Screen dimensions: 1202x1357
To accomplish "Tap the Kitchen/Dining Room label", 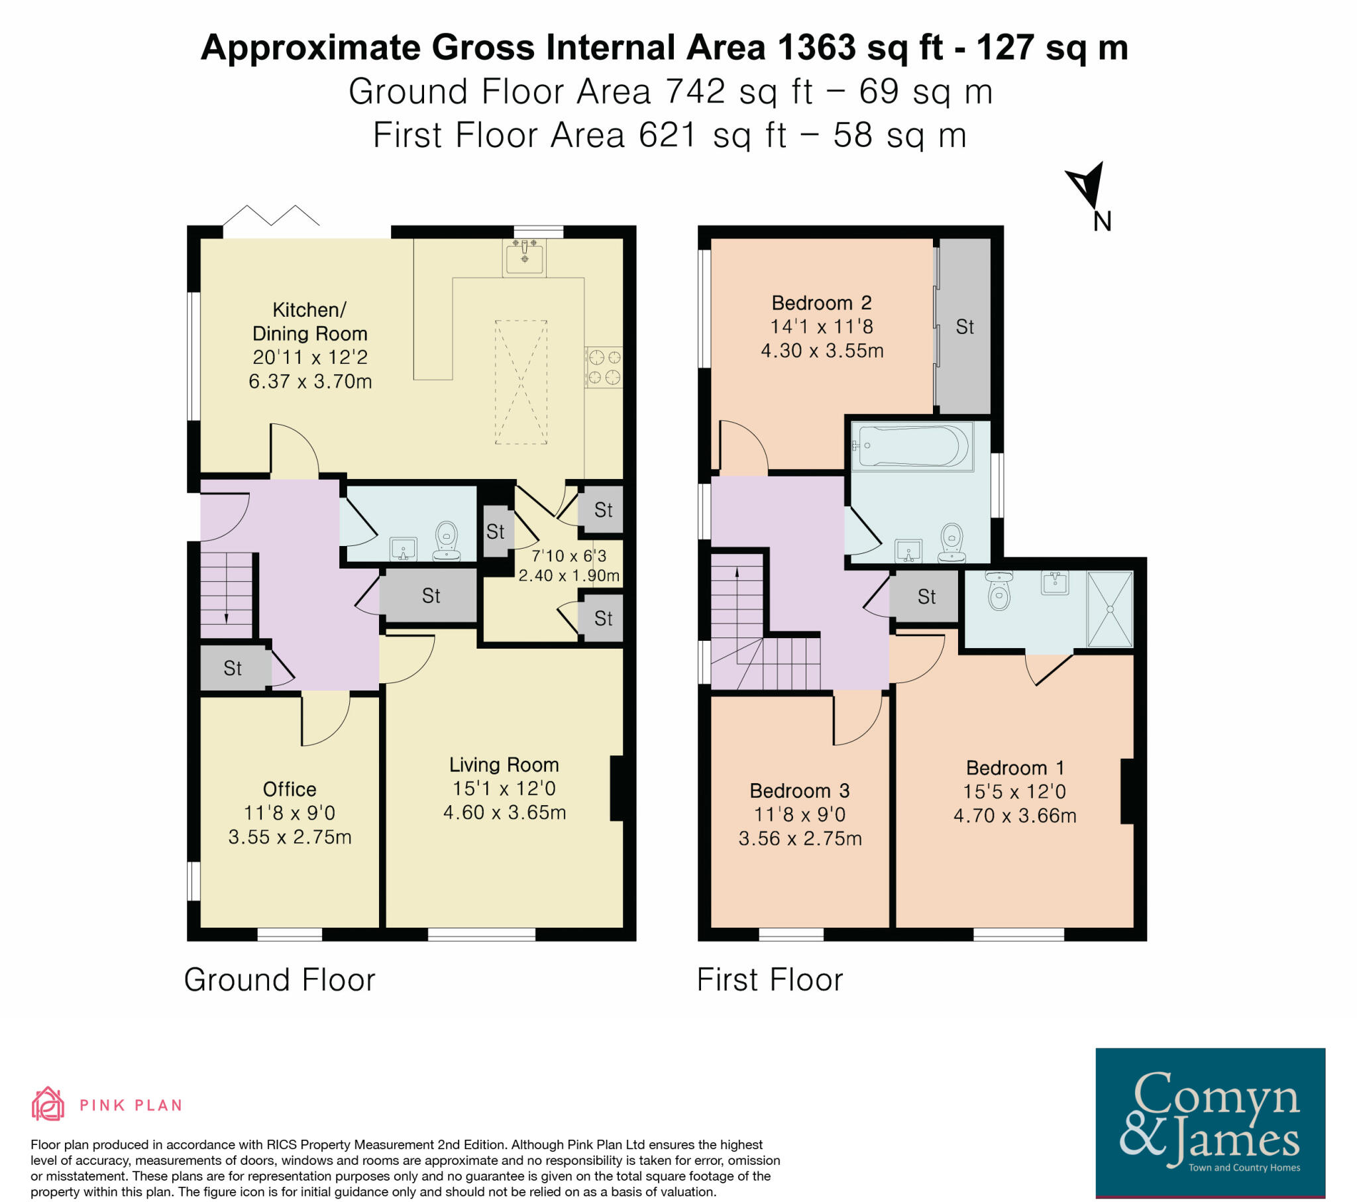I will (x=310, y=321).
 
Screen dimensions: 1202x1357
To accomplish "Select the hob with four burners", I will (x=604, y=367).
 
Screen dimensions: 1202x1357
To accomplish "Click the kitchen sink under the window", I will (x=525, y=257).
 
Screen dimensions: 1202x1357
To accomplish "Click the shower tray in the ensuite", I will (x=1109, y=609).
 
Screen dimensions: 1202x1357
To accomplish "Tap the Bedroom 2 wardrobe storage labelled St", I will (x=965, y=327).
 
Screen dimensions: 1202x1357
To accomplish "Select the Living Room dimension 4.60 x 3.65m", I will (x=504, y=812).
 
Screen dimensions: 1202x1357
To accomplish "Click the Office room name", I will (x=290, y=789).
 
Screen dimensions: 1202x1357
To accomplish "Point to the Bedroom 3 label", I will (x=799, y=791).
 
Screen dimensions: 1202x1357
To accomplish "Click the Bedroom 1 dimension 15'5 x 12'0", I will (x=1014, y=792).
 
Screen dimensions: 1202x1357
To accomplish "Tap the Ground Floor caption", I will (x=280, y=980).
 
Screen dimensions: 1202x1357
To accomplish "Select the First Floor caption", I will (x=769, y=980).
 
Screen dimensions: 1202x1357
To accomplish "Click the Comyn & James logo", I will (x=1210, y=1122).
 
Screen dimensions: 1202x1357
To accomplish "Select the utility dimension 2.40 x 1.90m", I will (x=569, y=576).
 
